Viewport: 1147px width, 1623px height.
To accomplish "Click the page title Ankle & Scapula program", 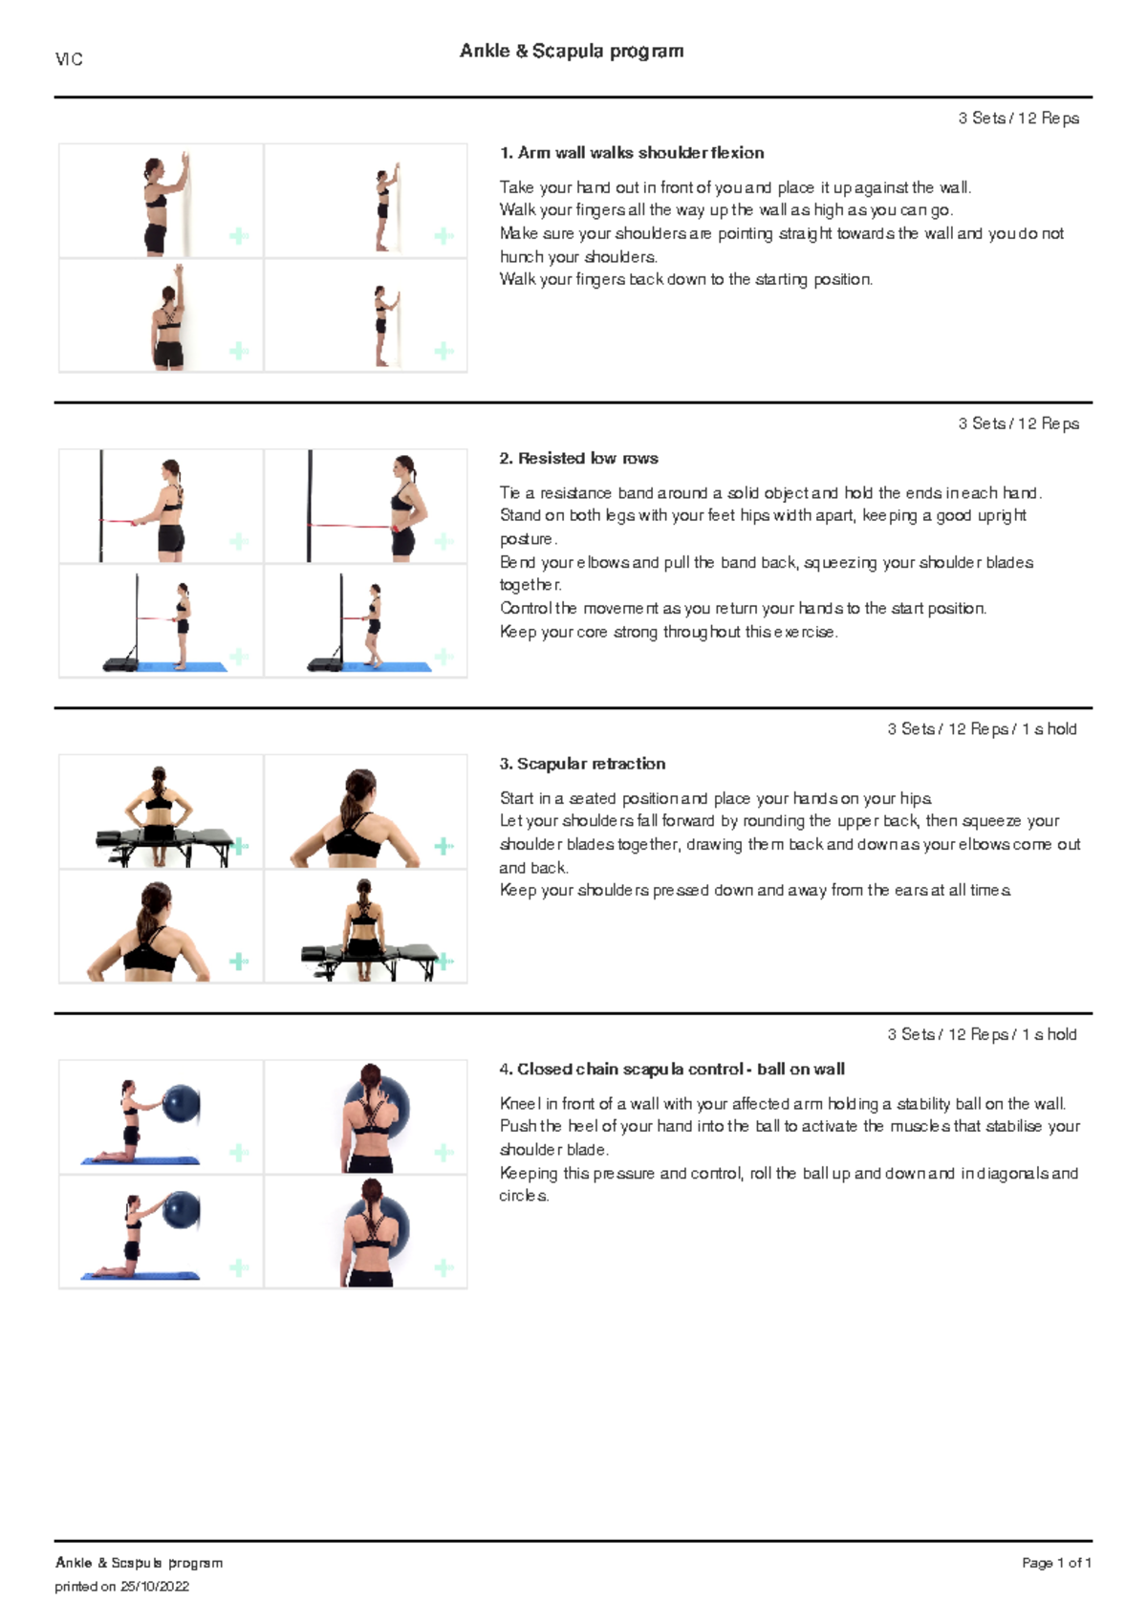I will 572,51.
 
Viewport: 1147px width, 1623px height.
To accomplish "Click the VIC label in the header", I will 69,59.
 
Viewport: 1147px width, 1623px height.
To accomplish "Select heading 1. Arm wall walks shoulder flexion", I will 631,153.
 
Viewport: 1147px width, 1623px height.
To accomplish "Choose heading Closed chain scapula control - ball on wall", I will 671,1069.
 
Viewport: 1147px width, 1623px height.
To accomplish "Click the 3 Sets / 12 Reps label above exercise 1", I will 1018,119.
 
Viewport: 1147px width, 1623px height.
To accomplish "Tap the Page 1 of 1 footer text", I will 1056,1563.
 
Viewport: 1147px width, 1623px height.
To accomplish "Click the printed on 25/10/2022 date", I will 121,1587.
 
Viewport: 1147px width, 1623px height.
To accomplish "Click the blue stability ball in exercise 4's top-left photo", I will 181,1104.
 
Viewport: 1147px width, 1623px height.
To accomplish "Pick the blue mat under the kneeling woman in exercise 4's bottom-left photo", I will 141,1275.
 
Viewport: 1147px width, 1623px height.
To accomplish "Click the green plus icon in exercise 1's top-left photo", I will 239,236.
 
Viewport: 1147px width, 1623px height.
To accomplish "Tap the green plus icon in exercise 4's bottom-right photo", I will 444,1267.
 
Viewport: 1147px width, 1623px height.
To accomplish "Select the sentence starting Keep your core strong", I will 668,632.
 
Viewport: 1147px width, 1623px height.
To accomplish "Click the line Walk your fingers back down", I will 685,279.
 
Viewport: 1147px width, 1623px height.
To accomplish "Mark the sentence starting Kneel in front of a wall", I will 782,1103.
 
